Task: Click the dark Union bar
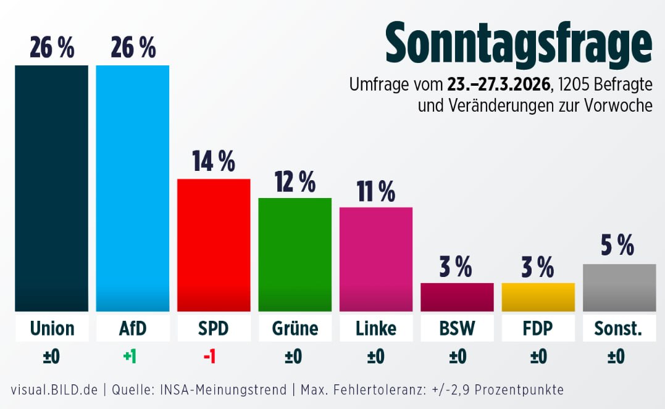coord(52,188)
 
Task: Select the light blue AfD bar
coord(133,188)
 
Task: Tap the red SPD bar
coord(214,245)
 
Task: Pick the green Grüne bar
coord(295,254)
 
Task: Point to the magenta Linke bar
coord(376,259)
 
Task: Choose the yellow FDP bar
coord(538,297)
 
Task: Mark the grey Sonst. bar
coord(619,287)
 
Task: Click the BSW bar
coord(457,297)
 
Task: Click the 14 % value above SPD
coord(214,162)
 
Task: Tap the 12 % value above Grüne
coord(295,181)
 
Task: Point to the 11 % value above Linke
coord(376,191)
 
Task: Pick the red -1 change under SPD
coord(209,357)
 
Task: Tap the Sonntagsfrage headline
coord(519,42)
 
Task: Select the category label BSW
coord(457,328)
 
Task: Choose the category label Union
coord(52,328)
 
